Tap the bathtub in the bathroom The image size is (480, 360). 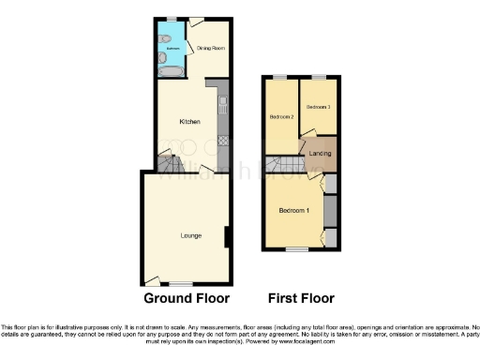(172, 71)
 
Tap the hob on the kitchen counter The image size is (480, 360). (223, 141)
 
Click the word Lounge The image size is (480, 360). (191, 235)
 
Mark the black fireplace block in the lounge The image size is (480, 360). (229, 237)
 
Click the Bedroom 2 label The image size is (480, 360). (282, 116)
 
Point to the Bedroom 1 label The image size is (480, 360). (294, 210)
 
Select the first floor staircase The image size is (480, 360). (281, 168)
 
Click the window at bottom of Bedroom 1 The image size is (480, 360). (298, 249)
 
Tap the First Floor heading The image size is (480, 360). (303, 299)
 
